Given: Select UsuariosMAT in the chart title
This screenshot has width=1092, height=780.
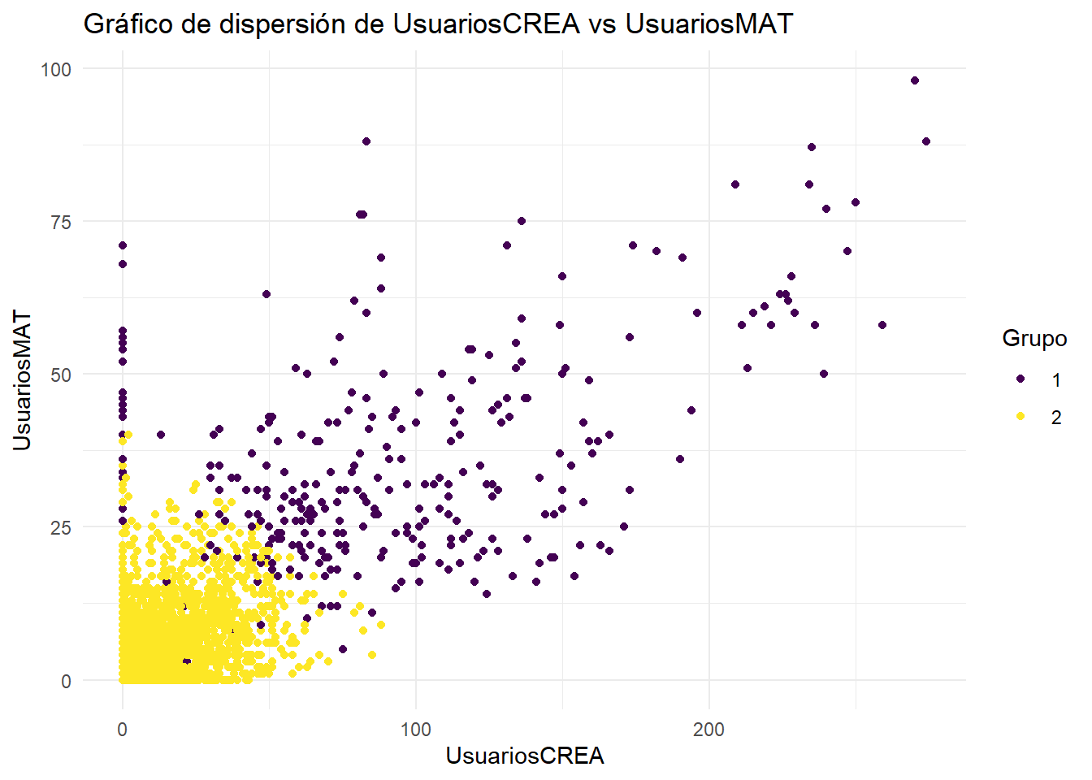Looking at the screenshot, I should [708, 24].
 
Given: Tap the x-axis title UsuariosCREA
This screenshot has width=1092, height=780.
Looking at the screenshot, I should [525, 756].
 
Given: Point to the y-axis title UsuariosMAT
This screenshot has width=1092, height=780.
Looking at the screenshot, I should [22, 380].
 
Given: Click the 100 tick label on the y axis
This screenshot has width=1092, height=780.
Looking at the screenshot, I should [56, 70].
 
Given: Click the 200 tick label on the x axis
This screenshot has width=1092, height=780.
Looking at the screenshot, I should [708, 730].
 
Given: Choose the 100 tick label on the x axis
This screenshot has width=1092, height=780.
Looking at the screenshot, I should [415, 730].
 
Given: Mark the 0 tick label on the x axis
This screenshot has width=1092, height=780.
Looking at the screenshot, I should [123, 730].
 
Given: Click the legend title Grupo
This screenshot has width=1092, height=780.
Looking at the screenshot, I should [1034, 338].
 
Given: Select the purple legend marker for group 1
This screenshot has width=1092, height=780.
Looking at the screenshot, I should [1020, 379].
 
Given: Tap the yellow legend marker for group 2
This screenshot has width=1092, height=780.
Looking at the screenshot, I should [1020, 417].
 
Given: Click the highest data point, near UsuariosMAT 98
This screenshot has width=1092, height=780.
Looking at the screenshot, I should [915, 80].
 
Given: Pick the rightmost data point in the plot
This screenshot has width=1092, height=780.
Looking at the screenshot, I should [926, 141].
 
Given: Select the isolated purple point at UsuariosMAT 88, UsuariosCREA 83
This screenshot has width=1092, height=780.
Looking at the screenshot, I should [366, 141].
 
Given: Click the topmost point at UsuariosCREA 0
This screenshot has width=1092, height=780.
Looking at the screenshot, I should [123, 245].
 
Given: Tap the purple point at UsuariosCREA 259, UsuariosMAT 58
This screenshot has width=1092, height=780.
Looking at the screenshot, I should [882, 325].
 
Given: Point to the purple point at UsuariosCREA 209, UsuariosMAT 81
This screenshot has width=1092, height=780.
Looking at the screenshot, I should [735, 184].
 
